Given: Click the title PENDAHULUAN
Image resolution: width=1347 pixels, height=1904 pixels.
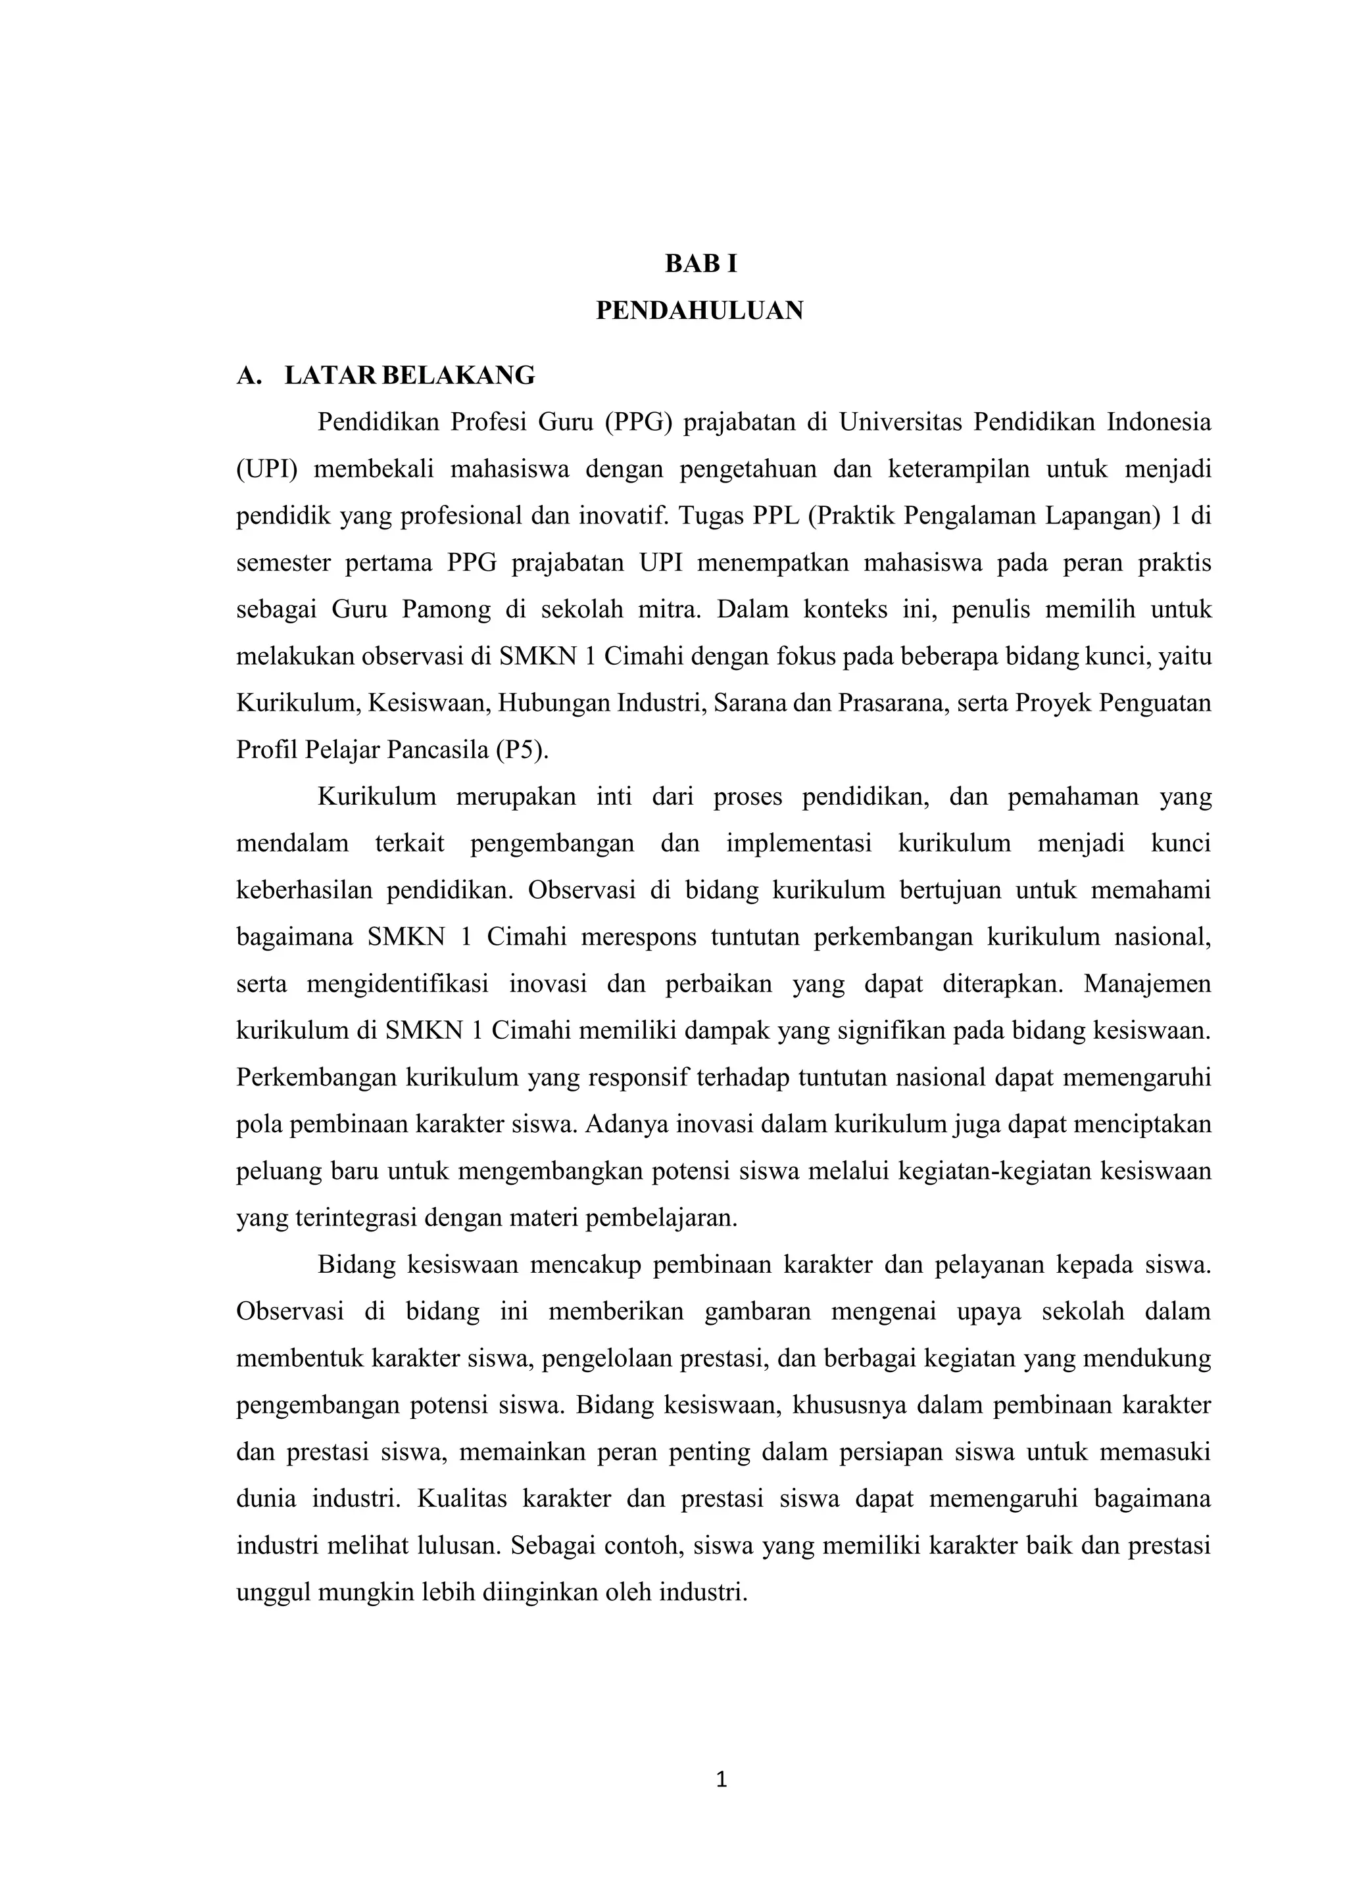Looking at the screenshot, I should (x=700, y=311).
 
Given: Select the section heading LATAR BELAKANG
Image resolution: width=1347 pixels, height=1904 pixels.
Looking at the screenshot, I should (x=410, y=375).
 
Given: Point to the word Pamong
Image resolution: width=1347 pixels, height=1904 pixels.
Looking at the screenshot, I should (x=446, y=609).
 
